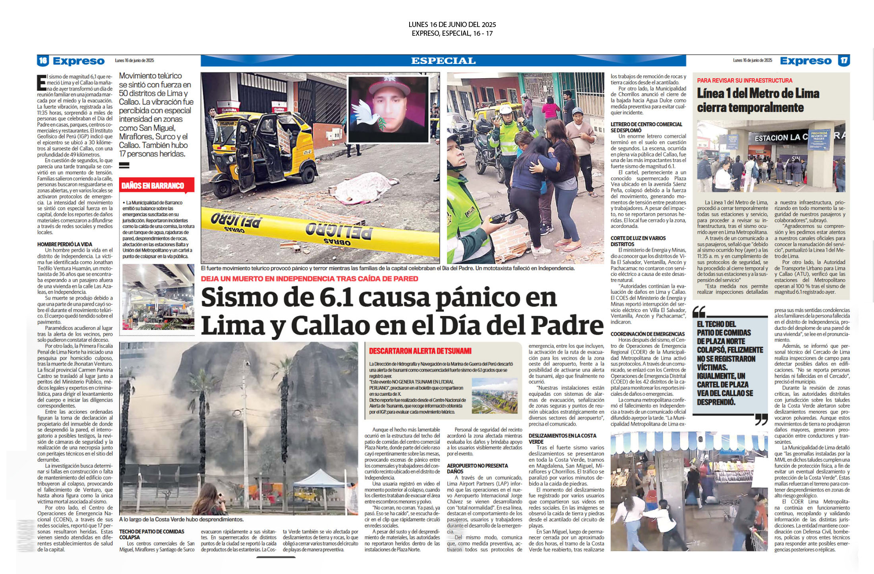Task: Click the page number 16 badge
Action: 43,61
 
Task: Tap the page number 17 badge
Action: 844,61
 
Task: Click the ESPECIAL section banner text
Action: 443,61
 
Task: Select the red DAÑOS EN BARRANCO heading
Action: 153,185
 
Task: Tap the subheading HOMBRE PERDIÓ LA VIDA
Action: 64,244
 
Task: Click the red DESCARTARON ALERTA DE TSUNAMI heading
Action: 420,351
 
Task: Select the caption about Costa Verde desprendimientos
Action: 181,519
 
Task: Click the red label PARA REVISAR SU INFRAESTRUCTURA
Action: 744,80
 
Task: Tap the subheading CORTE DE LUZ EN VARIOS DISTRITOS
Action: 638,241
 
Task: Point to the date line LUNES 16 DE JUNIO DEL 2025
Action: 452,25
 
